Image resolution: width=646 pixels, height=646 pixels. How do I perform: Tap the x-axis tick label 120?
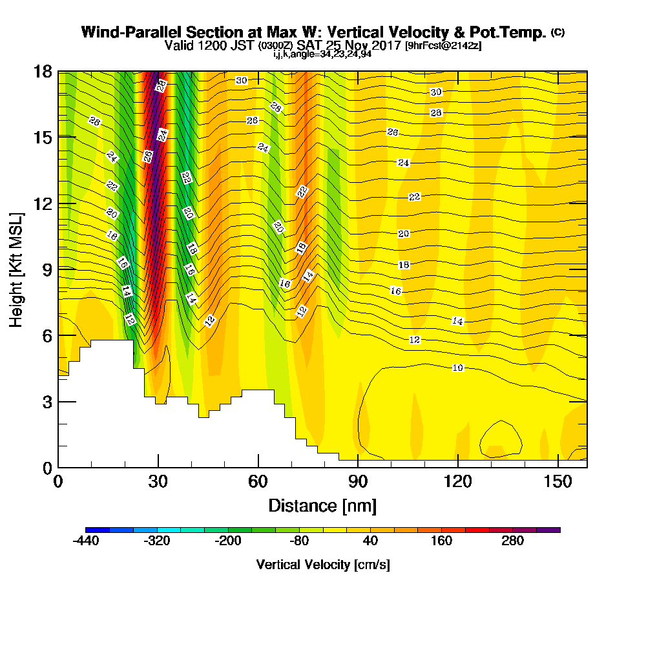click(x=457, y=482)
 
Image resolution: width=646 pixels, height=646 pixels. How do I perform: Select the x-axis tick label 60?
click(x=258, y=482)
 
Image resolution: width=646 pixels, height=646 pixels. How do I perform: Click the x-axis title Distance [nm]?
click(x=322, y=505)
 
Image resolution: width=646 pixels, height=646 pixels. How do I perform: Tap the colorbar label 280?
click(x=513, y=541)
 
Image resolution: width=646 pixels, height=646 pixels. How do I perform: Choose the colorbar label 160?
click(x=442, y=541)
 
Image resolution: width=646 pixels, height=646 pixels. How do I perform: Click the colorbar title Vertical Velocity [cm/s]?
click(x=322, y=565)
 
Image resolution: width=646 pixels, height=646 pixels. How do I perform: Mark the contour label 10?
click(x=457, y=368)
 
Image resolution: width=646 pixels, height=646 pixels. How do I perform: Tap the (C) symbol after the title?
click(x=557, y=32)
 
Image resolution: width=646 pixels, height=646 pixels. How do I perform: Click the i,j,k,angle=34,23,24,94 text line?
click(x=322, y=54)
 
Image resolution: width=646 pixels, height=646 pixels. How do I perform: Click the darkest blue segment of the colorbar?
click(x=97, y=530)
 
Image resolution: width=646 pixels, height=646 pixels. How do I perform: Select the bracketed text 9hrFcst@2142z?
click(x=443, y=47)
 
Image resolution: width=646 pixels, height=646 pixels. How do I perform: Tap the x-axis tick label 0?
click(x=58, y=482)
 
